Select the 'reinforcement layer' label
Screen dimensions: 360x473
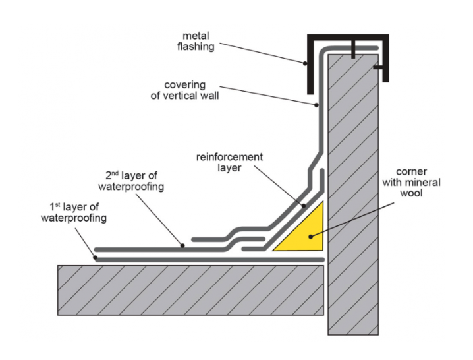[229, 162]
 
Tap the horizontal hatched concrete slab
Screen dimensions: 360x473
[191, 289]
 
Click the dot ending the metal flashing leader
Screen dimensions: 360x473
[305, 63]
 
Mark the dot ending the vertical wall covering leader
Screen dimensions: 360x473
[317, 104]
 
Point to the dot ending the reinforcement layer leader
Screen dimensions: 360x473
[304, 206]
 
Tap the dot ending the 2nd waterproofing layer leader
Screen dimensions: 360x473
[183, 246]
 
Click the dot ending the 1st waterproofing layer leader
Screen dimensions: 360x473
[96, 257]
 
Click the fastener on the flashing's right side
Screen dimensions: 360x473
[378, 67]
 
